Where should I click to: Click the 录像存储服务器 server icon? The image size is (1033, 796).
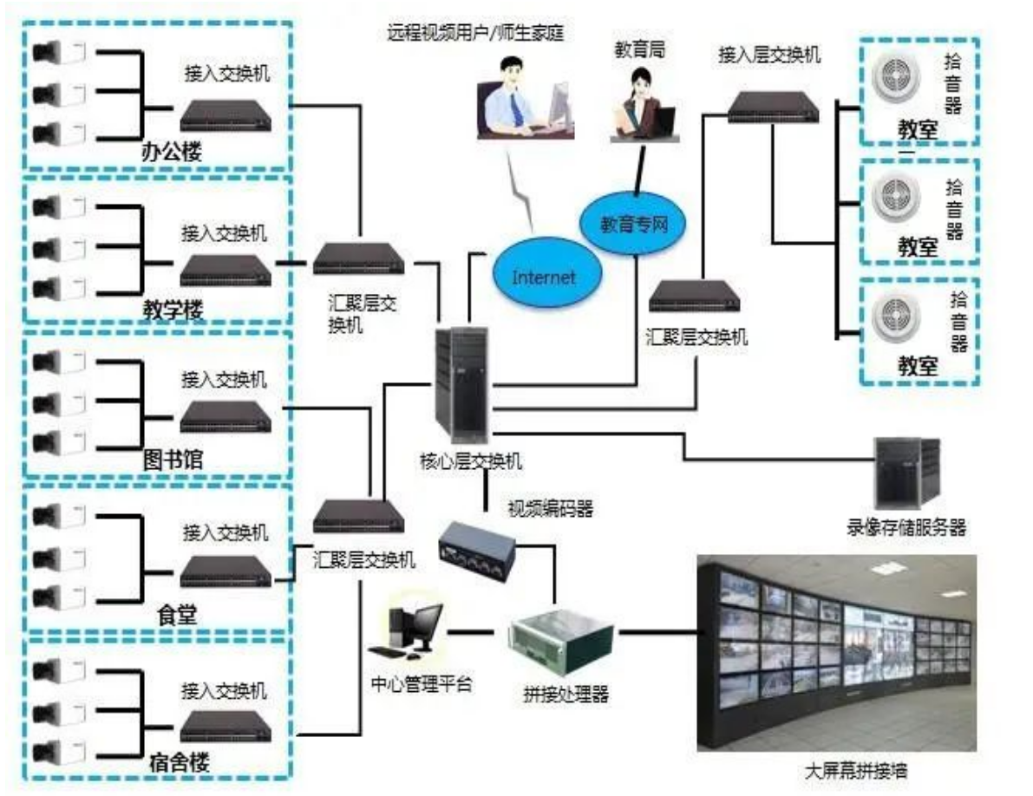point(906,473)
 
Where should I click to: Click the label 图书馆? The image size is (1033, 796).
point(173,460)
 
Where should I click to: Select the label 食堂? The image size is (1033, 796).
point(177,616)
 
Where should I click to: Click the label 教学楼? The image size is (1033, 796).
point(171,308)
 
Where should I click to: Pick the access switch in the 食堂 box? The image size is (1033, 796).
point(226,570)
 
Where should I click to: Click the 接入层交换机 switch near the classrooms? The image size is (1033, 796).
point(769,105)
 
